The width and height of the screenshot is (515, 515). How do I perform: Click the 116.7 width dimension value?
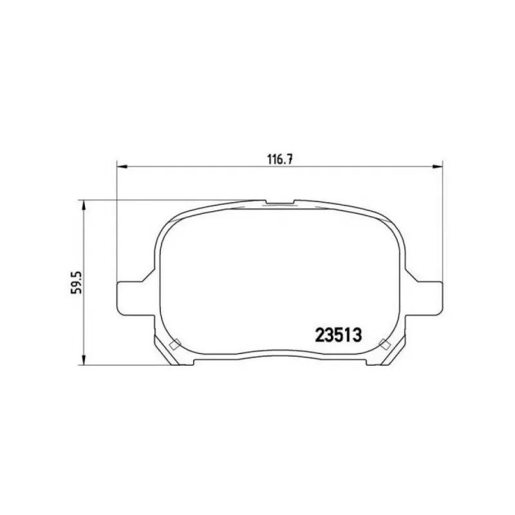[x=280, y=160]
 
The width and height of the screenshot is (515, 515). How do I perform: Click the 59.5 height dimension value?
[x=78, y=282]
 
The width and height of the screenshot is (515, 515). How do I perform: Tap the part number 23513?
[x=339, y=335]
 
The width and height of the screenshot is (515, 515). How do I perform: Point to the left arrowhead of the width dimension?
[x=122, y=167]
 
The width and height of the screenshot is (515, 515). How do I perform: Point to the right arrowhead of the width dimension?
[x=438, y=167]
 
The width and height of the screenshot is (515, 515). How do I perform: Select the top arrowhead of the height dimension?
[x=84, y=205]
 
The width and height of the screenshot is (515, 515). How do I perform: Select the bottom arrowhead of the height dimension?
[x=84, y=360]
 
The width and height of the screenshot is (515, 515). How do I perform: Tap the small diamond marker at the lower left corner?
[x=174, y=344]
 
